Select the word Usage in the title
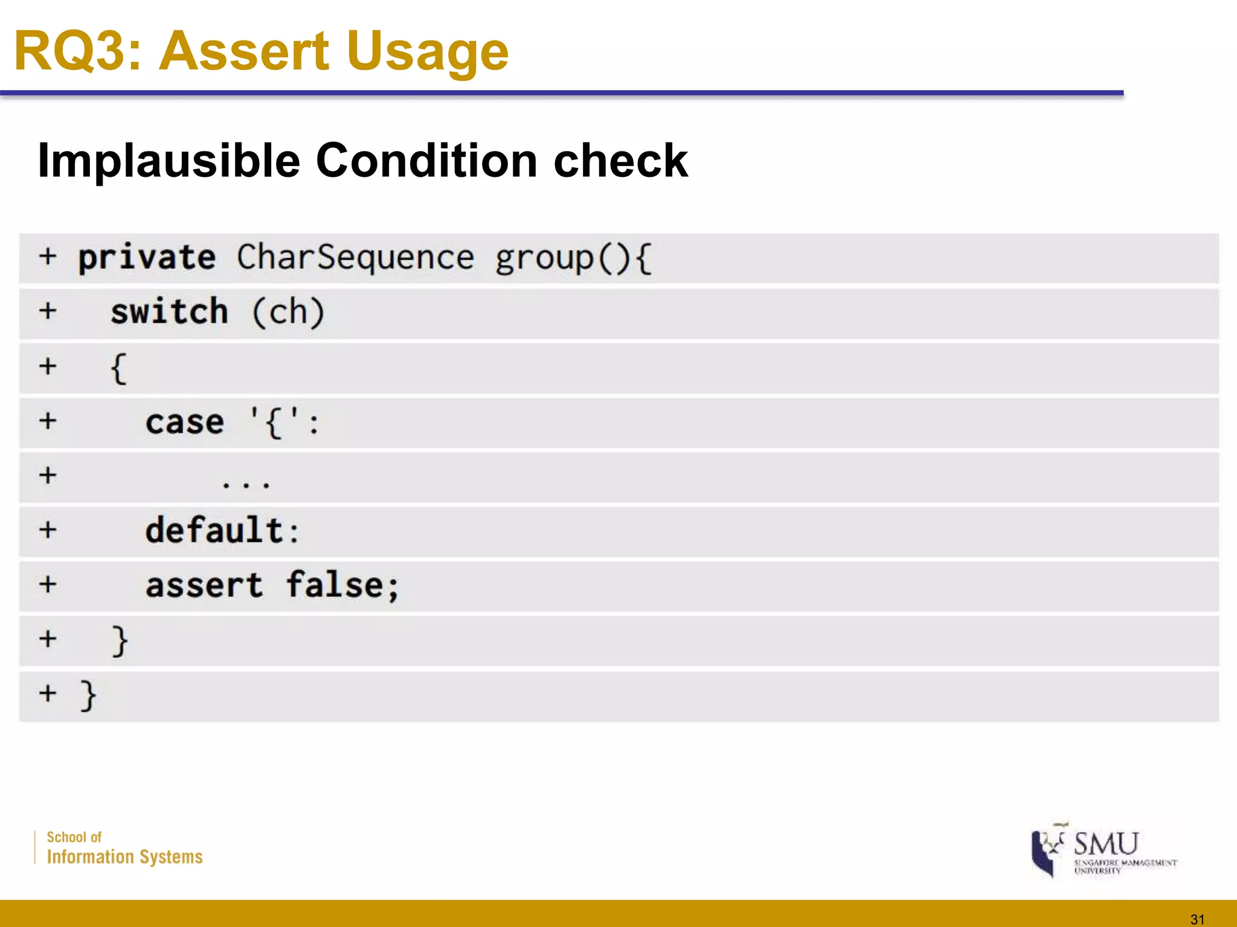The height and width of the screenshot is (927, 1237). tap(427, 51)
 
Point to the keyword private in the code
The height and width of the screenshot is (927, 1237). tap(147, 258)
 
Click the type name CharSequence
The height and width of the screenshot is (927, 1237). tap(355, 258)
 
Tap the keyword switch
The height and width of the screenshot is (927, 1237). tap(169, 312)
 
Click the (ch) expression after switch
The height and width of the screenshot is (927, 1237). tap(288, 312)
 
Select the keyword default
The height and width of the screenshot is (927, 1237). tap(214, 530)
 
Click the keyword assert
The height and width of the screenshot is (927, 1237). tap(204, 585)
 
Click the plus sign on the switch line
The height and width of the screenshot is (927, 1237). tap(48, 311)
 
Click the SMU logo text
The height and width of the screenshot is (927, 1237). tap(1105, 843)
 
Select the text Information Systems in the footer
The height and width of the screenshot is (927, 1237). tap(124, 856)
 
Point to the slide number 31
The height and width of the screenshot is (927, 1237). tap(1197, 919)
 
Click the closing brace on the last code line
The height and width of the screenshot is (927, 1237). tap(88, 695)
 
